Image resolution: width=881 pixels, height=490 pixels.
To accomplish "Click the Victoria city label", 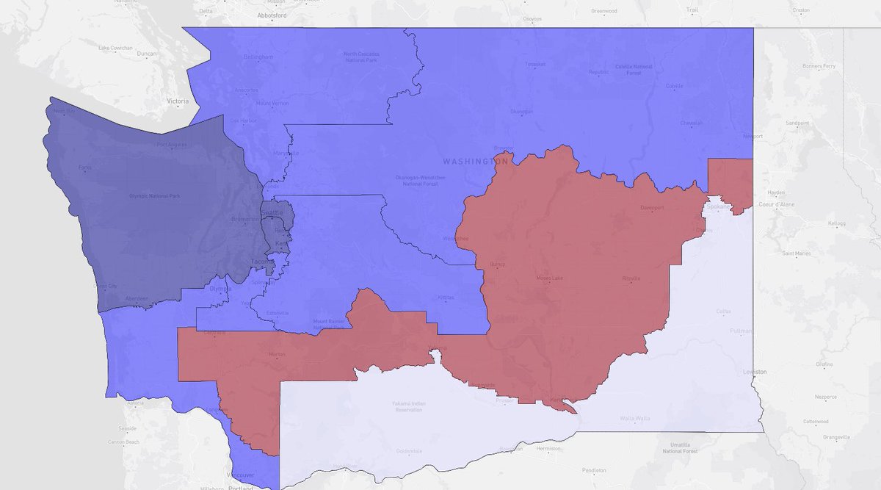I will [178, 101].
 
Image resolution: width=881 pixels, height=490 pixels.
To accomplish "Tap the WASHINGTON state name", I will [476, 160].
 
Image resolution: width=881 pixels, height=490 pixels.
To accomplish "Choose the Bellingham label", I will [259, 57].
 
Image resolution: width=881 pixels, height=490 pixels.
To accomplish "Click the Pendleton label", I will [595, 469].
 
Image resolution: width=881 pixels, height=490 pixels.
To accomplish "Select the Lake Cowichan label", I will [116, 48].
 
